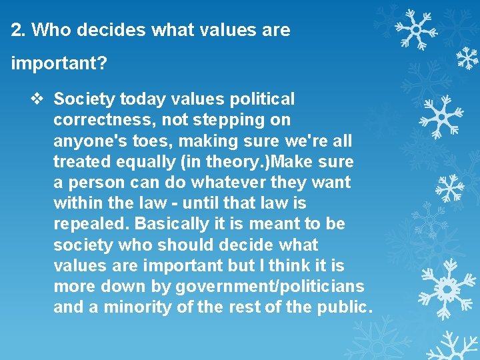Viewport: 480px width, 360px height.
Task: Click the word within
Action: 75,203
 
